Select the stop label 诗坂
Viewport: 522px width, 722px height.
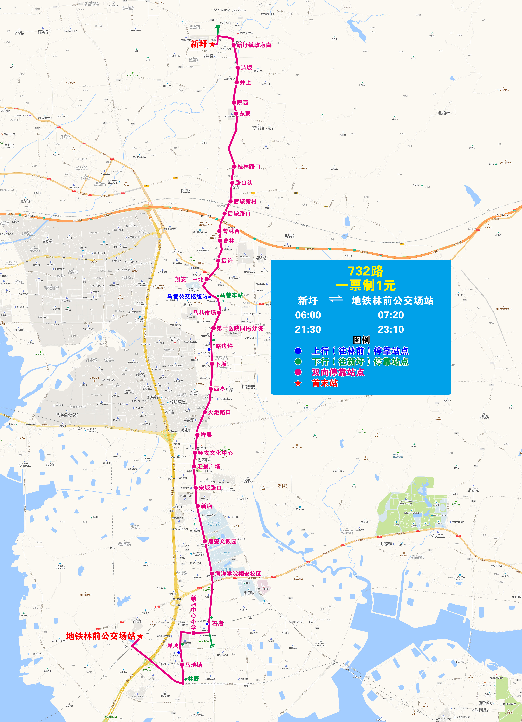click(x=246, y=68)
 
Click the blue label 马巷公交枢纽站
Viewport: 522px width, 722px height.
click(x=188, y=296)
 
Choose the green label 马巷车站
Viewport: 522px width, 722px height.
click(x=231, y=295)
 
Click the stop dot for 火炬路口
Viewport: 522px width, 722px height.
click(x=205, y=412)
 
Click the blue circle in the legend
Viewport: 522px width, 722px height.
click(x=298, y=351)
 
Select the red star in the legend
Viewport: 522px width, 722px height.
click(x=298, y=383)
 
